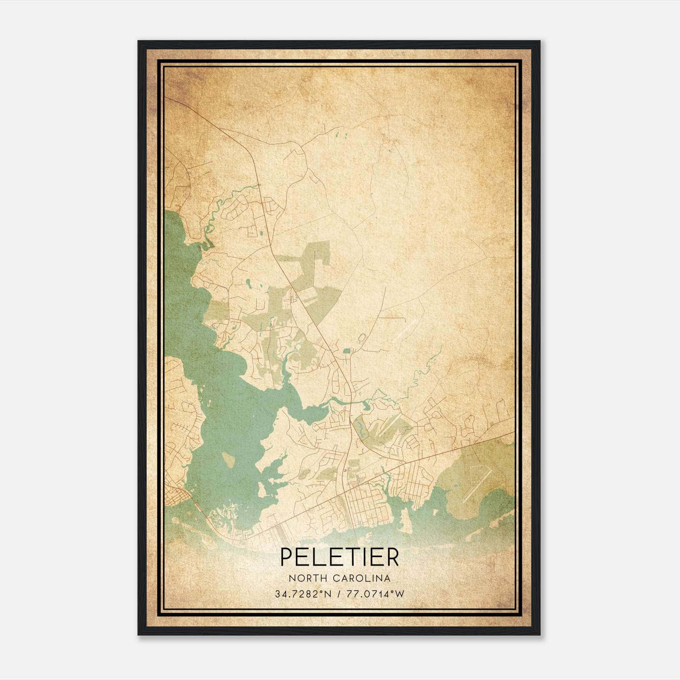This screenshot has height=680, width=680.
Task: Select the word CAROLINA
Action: click(362, 578)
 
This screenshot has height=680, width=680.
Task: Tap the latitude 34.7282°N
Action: click(302, 594)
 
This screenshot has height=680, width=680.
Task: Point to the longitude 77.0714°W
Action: click(375, 594)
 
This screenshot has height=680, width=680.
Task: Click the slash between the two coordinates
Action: click(338, 594)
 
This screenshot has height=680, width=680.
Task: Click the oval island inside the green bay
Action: click(228, 460)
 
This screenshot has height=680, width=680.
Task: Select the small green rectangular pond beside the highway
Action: click(346, 351)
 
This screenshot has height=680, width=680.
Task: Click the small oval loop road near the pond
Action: click(362, 339)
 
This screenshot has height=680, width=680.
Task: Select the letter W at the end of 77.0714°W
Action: click(400, 594)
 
